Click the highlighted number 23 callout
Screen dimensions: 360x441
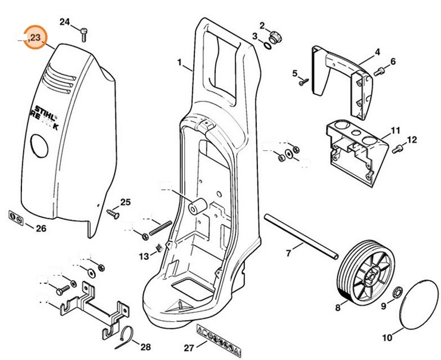35,38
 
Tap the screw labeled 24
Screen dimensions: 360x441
84,35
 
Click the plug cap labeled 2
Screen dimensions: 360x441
276,32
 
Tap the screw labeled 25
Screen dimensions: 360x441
112,210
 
